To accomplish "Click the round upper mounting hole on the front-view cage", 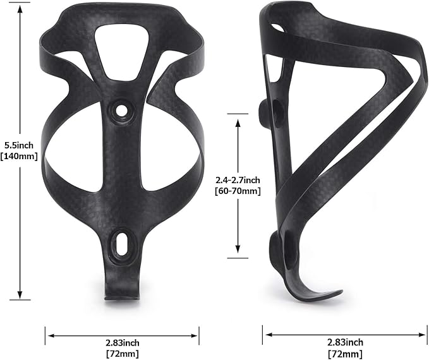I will [120, 111].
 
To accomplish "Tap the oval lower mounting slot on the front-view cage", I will [119, 243].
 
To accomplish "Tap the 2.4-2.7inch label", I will [238, 180].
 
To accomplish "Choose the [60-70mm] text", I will [238, 191].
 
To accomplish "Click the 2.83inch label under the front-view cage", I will [123, 342].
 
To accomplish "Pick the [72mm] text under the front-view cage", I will [123, 353].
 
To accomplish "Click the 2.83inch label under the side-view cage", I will [346, 342].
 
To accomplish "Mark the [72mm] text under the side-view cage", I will [346, 353].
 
